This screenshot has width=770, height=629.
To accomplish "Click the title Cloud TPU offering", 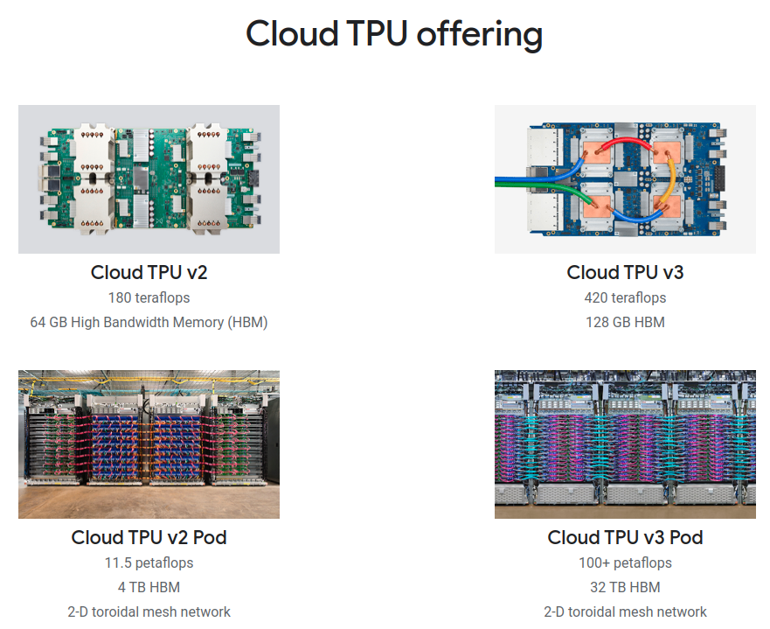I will coord(393,34).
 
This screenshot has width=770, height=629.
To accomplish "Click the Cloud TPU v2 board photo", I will coord(149,179).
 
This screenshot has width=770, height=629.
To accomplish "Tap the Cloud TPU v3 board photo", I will coord(625,179).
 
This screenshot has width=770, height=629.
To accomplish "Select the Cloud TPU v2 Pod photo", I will coord(149,444).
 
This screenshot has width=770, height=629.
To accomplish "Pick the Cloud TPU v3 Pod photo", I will coord(625,444).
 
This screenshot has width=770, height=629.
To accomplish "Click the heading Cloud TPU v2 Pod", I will coord(149,537).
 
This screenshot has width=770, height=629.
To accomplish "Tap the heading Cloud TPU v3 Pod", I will coord(625,537).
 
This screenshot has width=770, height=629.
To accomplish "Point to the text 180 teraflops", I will coord(149,297).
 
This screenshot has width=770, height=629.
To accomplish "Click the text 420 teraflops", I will coord(625,297).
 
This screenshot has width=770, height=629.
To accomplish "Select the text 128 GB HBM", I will coord(625,322).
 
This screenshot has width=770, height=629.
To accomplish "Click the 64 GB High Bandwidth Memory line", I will coord(149,322).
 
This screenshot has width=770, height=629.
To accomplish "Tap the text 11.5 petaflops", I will coord(149,563).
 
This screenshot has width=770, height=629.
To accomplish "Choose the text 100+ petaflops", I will coord(625,563).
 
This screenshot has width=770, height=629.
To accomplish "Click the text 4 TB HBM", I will coord(149,587).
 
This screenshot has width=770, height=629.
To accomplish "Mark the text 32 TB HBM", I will coord(625,587).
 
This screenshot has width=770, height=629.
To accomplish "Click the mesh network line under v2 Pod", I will coord(149,612).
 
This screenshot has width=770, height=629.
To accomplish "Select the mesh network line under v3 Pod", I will coord(625,612).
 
